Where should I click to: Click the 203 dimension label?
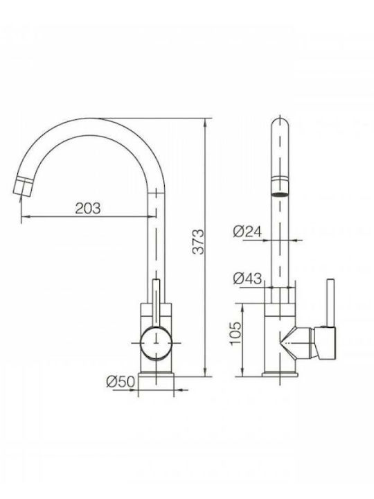88,208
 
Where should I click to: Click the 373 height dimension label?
199,242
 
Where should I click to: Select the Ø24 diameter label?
247,231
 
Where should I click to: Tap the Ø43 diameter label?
247,278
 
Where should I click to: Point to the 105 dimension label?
235,333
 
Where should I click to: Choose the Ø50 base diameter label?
121,381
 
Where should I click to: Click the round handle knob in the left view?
156,343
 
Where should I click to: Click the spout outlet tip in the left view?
22,189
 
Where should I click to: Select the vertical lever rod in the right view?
331,302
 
